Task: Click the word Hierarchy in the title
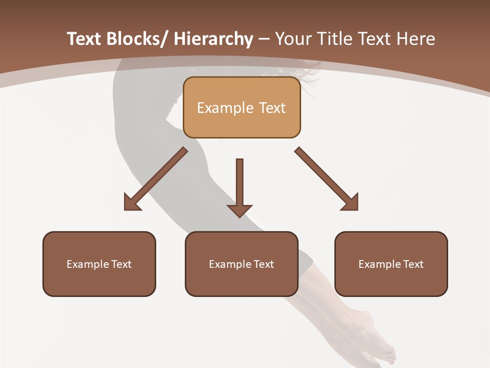213,39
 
